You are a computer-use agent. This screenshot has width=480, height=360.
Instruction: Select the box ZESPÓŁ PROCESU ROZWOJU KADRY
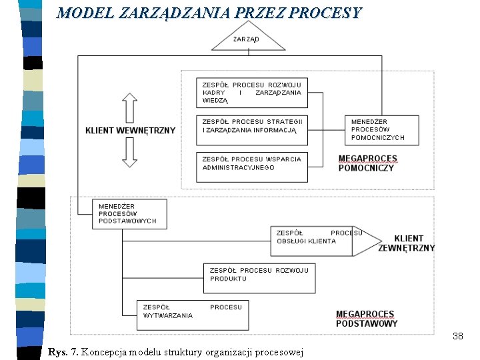(252, 93)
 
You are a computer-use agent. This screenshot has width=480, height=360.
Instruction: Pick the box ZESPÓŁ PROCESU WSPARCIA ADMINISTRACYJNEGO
(252, 167)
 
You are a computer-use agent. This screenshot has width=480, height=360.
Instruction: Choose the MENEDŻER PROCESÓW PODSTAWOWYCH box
(129, 213)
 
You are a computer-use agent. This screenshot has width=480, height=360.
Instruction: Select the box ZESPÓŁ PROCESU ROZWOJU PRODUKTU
(259, 278)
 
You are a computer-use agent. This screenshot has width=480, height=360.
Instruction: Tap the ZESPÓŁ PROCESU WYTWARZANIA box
(193, 315)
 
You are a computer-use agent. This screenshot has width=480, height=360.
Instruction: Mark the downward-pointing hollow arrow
(130, 154)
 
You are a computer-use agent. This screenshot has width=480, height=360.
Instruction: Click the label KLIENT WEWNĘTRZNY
(130, 130)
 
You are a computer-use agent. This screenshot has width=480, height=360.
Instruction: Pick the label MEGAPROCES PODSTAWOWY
(367, 319)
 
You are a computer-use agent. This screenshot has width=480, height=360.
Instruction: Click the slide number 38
(457, 336)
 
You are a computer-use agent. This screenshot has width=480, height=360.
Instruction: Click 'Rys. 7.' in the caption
(63, 351)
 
